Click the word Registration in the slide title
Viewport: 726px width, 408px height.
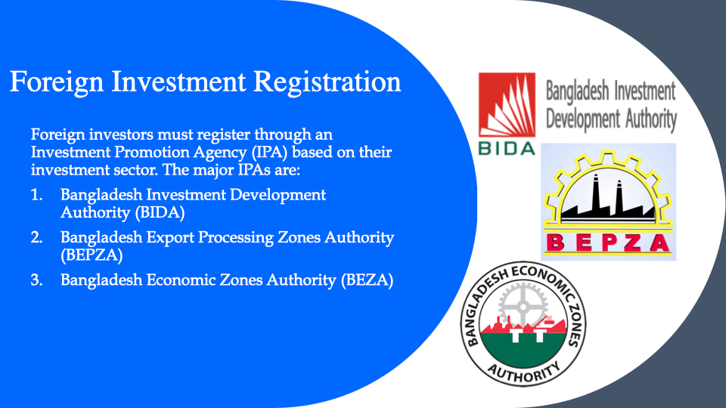coord(327,83)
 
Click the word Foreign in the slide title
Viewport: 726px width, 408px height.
coord(57,83)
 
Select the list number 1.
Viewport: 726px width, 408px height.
coord(36,195)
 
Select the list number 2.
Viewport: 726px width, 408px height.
coord(36,237)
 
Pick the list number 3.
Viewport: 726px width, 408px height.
coord(36,280)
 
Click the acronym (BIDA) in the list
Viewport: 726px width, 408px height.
coord(160,212)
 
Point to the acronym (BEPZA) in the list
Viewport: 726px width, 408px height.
coord(92,255)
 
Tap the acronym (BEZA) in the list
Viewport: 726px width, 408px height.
coord(368,280)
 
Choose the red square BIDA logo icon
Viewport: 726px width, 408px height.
coord(507,105)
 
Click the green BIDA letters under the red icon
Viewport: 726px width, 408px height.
coord(507,149)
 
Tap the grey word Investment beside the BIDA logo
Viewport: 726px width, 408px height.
coord(644,91)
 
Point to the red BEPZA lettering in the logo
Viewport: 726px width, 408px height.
coord(608,243)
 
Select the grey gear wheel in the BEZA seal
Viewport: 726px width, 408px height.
coord(523,306)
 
